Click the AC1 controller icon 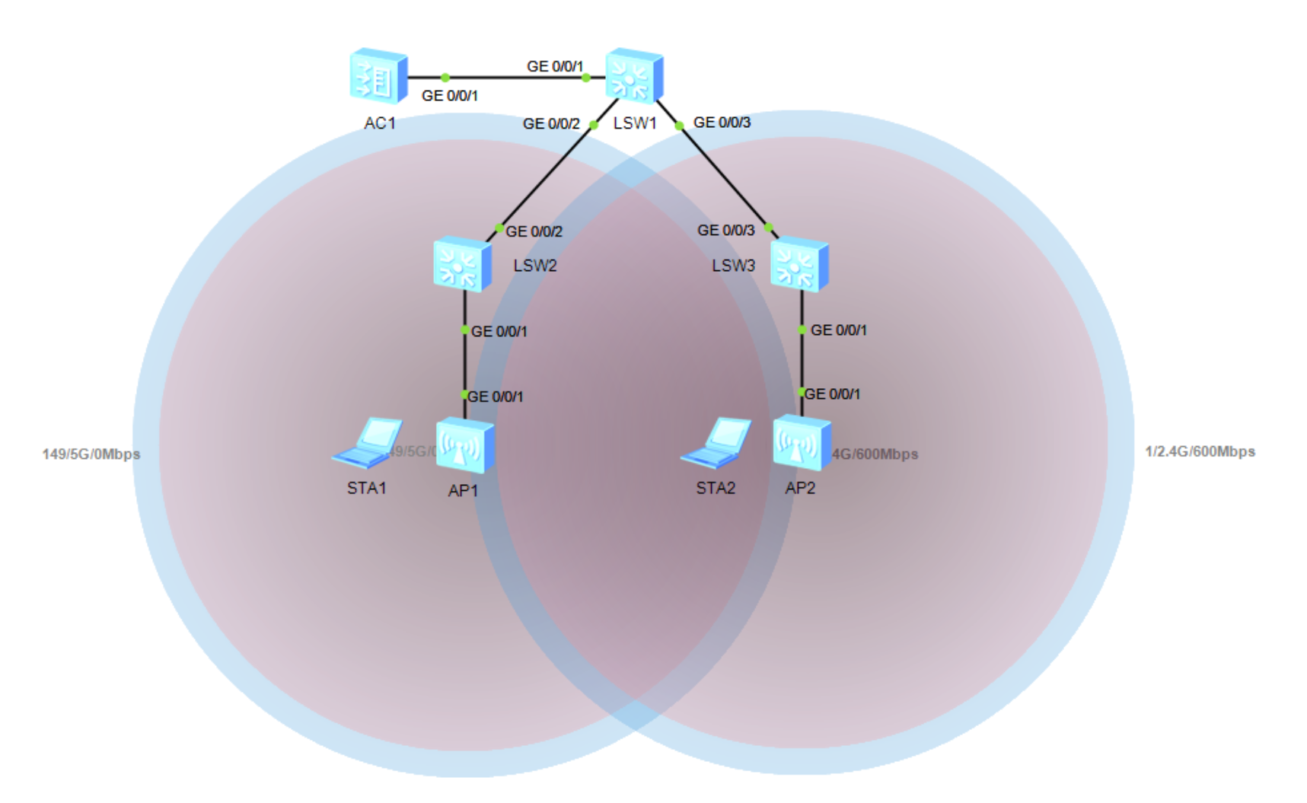coord(378,76)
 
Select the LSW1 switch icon coord(634,75)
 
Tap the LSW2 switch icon coord(461,265)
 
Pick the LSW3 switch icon coord(799,265)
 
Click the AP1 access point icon coord(464,446)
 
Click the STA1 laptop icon coord(368,442)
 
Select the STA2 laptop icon coord(716,442)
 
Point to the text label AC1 coord(379,123)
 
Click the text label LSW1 coord(634,123)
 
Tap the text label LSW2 coord(534,266)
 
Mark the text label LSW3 coord(733,266)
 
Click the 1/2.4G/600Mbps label coord(1200,451)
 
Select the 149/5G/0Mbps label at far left coord(91,454)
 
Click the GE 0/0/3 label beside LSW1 coord(722,123)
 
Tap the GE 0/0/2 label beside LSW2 coord(534,231)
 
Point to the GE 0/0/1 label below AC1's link coord(450,96)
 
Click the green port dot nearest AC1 coord(445,78)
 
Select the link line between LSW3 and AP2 coord(802,362)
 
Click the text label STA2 coord(716,488)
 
